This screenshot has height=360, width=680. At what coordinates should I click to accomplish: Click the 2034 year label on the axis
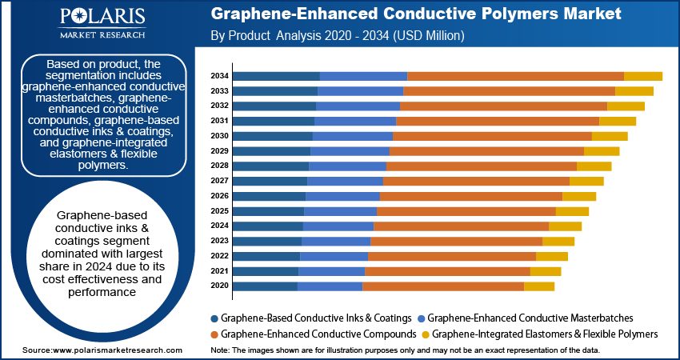(x=220, y=76)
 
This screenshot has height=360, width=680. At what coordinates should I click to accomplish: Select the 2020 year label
(x=220, y=286)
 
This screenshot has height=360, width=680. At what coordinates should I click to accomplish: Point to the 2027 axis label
(x=220, y=181)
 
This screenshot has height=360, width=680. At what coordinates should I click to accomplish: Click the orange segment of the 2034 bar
(x=515, y=76)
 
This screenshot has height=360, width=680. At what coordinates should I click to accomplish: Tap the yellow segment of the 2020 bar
(x=538, y=286)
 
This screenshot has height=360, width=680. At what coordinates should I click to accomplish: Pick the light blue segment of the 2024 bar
(x=338, y=226)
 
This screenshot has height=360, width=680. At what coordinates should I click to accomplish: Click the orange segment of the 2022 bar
(x=451, y=256)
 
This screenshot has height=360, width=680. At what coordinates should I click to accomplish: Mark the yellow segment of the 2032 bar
(x=626, y=106)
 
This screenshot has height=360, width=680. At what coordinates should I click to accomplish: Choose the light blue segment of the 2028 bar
(x=347, y=166)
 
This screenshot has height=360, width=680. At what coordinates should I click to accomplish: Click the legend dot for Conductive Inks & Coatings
(x=214, y=318)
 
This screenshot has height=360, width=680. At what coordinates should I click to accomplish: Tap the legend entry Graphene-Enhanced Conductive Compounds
(x=318, y=334)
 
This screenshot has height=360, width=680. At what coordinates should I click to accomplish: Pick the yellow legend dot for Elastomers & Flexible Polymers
(x=426, y=334)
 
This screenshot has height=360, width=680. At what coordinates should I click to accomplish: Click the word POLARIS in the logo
(x=102, y=18)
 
